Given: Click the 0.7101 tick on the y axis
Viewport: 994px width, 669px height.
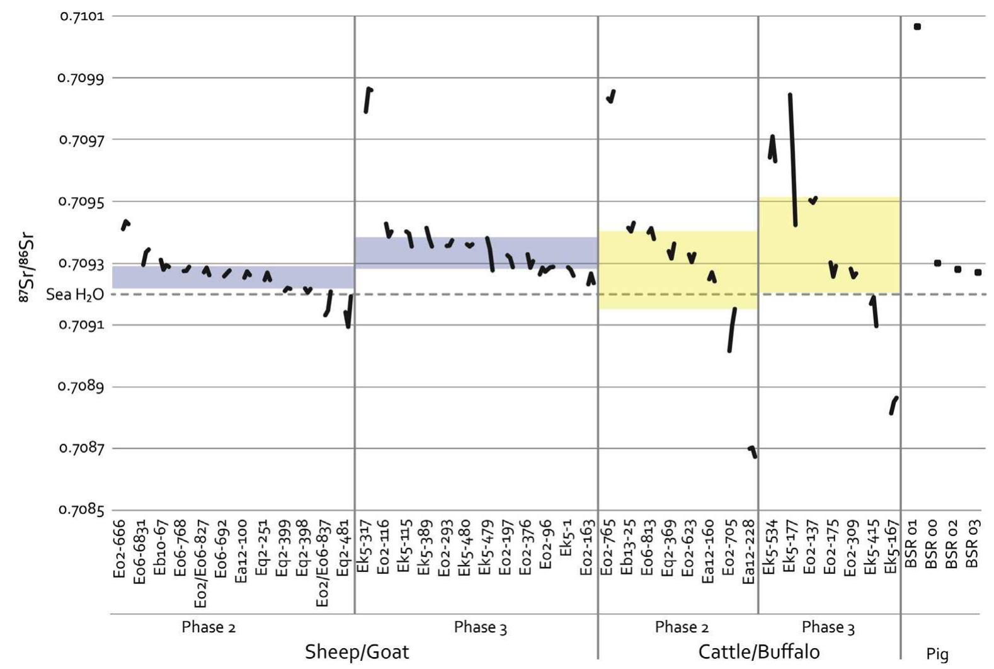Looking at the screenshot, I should [x=82, y=16].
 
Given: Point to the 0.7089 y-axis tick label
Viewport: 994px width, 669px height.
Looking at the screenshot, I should [x=82, y=386].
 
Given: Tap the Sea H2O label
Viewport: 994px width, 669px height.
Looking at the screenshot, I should [x=75, y=294].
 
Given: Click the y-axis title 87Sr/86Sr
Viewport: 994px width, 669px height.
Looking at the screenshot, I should [x=26, y=268].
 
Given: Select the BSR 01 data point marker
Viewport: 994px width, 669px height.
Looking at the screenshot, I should [x=917, y=26].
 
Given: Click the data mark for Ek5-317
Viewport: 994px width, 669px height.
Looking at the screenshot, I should [x=368, y=100].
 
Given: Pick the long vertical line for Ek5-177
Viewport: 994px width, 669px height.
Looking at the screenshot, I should [x=792, y=159].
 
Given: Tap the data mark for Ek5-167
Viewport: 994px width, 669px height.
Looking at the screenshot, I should [x=893, y=405].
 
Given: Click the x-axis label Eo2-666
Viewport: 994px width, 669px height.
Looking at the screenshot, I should [x=120, y=548].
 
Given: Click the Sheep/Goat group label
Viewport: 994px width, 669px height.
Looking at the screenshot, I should [x=357, y=651].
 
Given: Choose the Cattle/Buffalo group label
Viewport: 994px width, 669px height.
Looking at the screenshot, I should [x=759, y=651].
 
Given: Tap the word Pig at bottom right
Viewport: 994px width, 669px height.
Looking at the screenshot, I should [x=937, y=654].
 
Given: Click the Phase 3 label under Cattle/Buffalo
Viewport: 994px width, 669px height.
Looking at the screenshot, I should [x=828, y=627].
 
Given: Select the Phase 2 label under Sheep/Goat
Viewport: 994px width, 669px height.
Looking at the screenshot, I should [x=209, y=627].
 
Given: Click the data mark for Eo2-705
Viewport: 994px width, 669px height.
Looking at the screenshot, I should [x=731, y=329].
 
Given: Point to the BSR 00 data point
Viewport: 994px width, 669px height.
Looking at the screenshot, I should [x=937, y=263].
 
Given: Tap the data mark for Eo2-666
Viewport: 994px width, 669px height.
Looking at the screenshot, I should [x=125, y=224].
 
